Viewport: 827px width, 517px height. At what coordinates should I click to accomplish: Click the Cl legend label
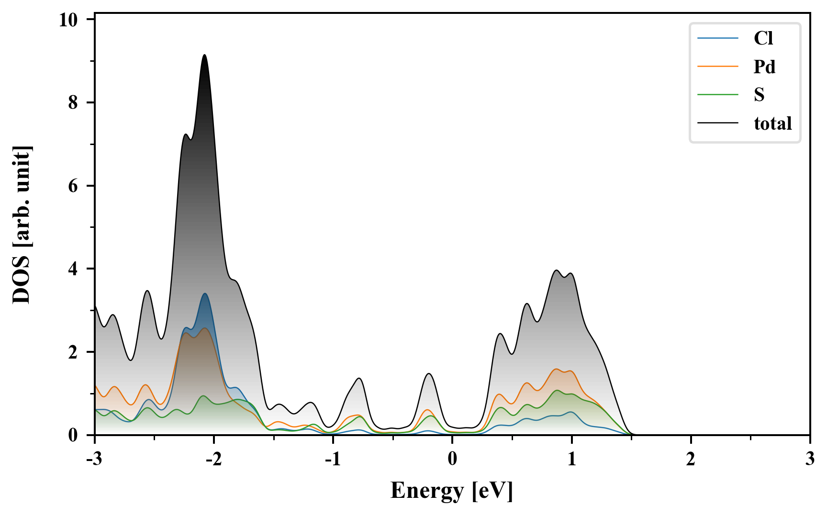[x=763, y=38]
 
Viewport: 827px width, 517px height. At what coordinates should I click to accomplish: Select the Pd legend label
[x=764, y=67]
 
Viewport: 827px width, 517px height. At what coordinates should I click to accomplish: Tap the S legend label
[x=759, y=95]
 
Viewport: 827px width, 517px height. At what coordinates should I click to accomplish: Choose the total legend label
[x=773, y=124]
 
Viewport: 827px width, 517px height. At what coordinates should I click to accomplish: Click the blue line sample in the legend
[x=718, y=38]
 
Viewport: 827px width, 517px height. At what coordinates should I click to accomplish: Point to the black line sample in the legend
[x=718, y=124]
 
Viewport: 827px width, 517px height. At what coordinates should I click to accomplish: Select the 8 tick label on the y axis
[x=73, y=102]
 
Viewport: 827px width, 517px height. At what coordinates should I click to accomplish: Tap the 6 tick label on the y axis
[x=73, y=186]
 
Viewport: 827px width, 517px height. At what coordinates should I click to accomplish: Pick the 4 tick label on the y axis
[x=73, y=269]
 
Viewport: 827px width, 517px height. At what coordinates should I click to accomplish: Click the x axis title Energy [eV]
[x=452, y=491]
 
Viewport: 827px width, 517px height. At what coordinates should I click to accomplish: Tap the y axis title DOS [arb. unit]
[x=22, y=225]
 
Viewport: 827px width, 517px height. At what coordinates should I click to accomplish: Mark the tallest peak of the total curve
[x=205, y=55]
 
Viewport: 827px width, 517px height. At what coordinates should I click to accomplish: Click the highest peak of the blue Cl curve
[x=205, y=293]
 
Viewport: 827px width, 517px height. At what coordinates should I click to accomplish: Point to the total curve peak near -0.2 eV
[x=429, y=374]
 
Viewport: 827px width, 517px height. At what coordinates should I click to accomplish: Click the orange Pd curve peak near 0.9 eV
[x=556, y=369]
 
